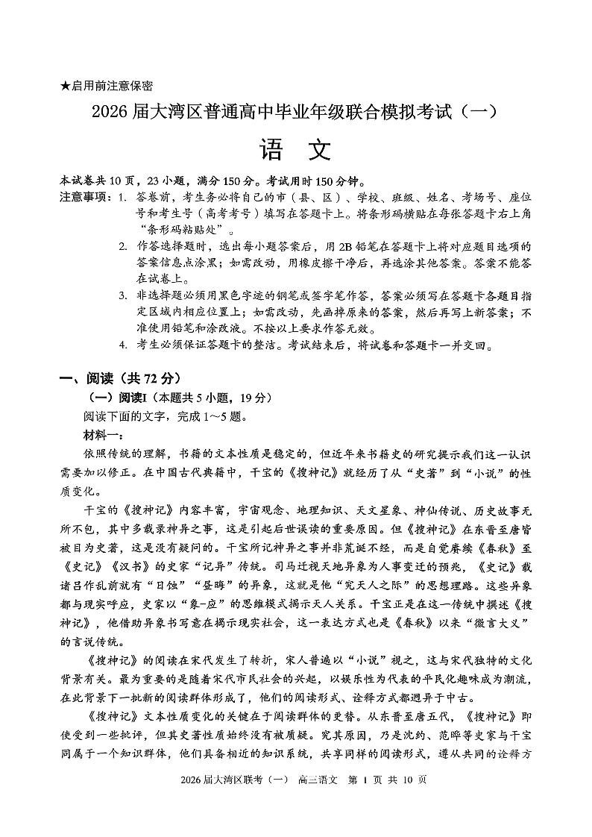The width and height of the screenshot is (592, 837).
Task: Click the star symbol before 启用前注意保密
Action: click(65, 87)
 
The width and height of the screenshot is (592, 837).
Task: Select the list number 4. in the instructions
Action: click(122, 346)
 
